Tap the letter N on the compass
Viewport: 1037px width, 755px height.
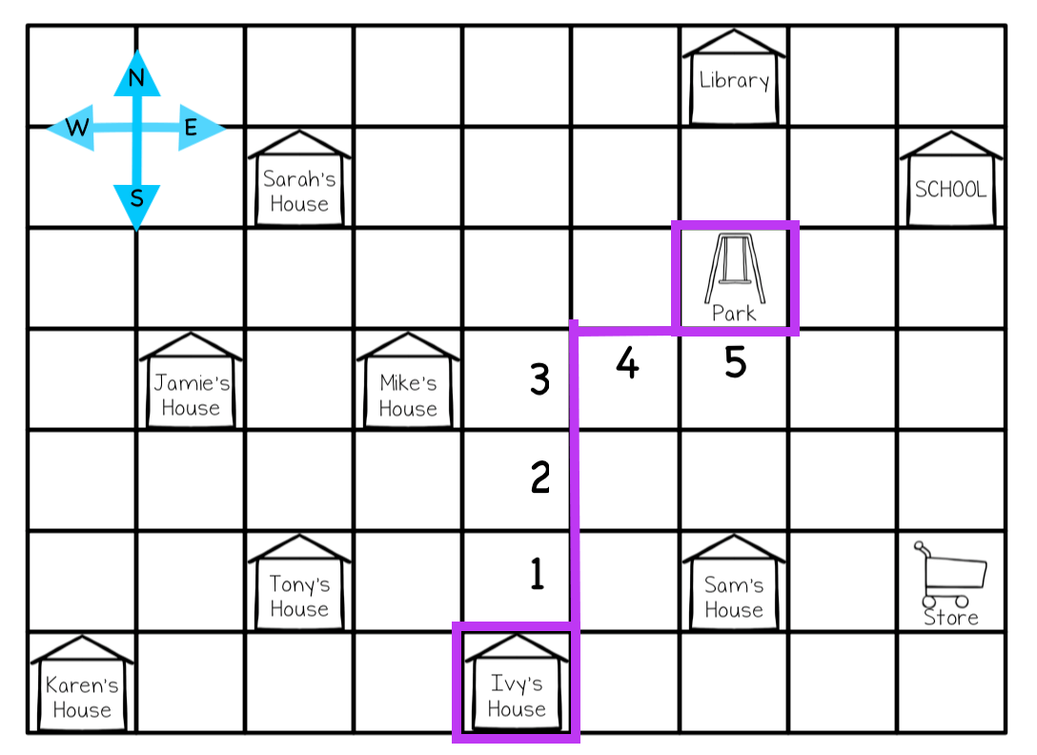(x=136, y=79)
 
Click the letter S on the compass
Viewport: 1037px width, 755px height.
(x=137, y=199)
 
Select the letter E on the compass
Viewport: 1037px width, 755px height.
(x=191, y=128)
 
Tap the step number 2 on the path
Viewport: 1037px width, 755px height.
(x=540, y=477)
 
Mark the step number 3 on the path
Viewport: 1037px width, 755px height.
(x=540, y=381)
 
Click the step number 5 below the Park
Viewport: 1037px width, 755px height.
(x=735, y=363)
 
